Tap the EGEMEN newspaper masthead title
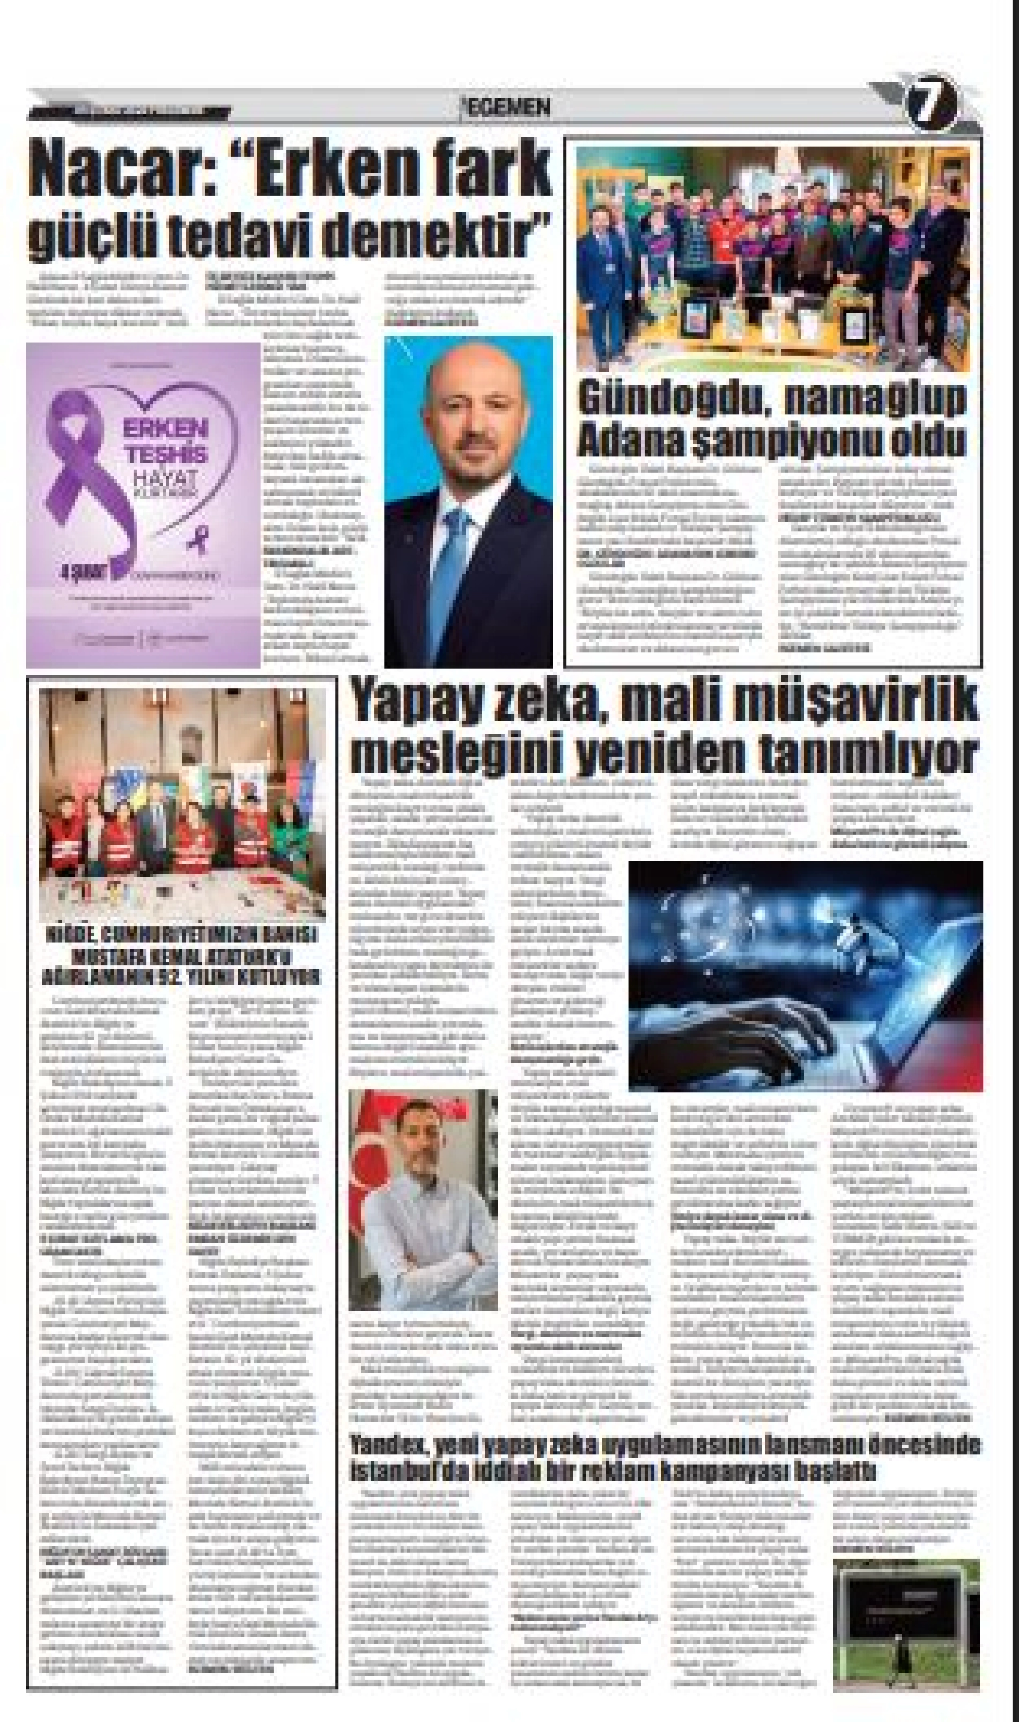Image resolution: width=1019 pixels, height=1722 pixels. (x=507, y=107)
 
